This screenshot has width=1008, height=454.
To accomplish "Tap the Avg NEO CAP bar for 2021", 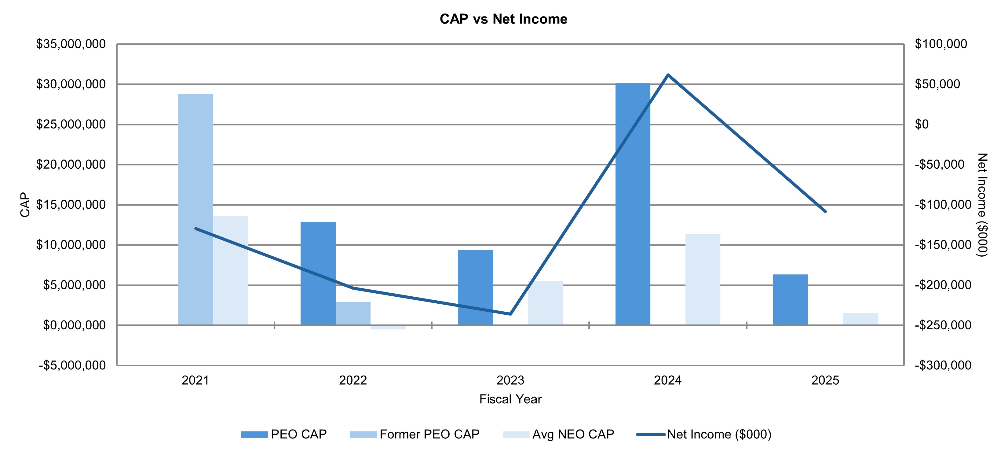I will pos(231,270).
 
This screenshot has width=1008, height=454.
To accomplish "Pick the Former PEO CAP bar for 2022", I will pos(353,313).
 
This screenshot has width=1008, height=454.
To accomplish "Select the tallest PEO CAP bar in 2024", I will pos(633,204).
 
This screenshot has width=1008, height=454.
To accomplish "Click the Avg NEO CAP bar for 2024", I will pos(703,280).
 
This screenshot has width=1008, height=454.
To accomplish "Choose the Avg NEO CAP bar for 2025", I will pos(860,319).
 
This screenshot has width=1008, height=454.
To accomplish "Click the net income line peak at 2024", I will pos(668,75).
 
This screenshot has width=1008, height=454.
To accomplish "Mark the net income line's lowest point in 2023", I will pos(510,314).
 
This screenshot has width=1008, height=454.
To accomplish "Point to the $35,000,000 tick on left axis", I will pos(71,44).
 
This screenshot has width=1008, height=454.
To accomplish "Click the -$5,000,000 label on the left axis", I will pos(72,365).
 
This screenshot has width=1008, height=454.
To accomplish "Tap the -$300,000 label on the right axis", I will pos(943,365).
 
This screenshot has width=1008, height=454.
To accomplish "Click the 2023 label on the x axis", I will pos(510,380).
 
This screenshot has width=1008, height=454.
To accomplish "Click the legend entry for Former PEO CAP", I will pos(429,434).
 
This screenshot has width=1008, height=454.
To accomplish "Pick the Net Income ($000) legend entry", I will pos(718,434).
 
